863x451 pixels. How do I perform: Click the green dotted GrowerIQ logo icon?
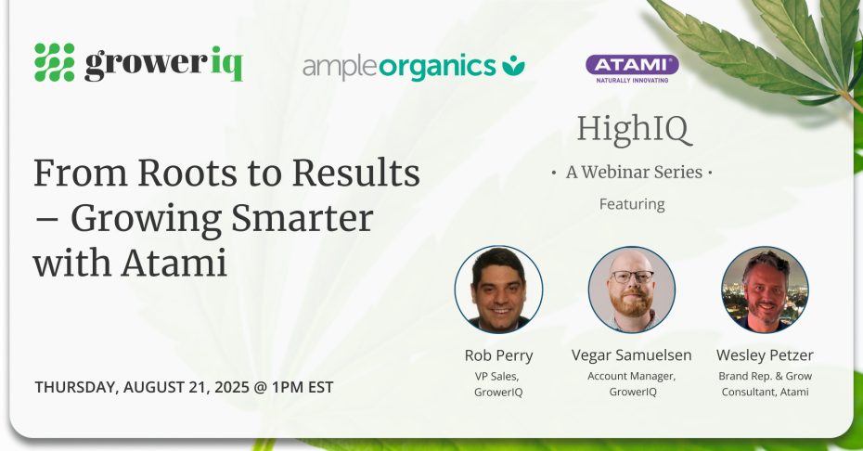[55, 62]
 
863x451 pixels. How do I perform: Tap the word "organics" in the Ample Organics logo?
[438, 67]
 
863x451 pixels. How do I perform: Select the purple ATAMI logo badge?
[632, 64]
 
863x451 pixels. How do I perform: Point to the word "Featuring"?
[632, 204]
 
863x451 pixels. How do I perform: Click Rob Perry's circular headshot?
[498, 290]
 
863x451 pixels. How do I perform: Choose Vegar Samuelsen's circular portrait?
[631, 290]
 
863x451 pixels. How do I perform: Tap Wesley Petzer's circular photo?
[765, 290]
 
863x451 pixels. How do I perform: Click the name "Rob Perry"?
[498, 355]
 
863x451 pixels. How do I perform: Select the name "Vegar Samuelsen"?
[631, 355]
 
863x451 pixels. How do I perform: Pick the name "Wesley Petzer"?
[765, 355]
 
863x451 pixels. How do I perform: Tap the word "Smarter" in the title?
[302, 219]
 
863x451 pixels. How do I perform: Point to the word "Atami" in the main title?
[174, 264]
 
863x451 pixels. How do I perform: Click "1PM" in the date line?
[287, 387]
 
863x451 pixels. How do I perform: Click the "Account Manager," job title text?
[631, 376]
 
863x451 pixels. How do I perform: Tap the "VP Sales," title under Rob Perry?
[497, 376]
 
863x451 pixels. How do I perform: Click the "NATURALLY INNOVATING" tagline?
[632, 80]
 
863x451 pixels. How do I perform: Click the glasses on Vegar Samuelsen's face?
[632, 277]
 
